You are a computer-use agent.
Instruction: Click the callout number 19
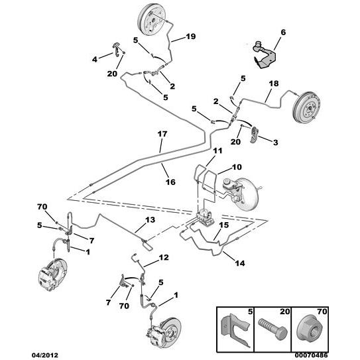click(191, 36)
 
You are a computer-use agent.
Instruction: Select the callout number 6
click(283, 32)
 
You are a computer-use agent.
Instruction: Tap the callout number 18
click(274, 84)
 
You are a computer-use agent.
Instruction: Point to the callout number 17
click(162, 134)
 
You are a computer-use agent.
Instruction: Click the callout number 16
click(170, 182)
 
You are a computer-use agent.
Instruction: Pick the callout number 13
click(150, 219)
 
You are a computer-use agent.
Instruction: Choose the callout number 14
click(240, 263)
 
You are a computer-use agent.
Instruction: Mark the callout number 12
click(164, 257)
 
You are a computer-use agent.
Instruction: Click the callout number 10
click(237, 167)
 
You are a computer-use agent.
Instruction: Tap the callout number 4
click(95, 60)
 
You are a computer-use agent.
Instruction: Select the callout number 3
click(276, 143)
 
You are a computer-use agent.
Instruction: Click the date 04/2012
click(45, 355)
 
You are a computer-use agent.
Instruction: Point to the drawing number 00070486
click(312, 355)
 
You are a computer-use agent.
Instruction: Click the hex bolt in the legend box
click(272, 329)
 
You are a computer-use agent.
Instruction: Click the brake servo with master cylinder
click(241, 192)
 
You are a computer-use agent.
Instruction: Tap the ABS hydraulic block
click(205, 217)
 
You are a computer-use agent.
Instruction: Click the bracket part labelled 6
click(264, 54)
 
